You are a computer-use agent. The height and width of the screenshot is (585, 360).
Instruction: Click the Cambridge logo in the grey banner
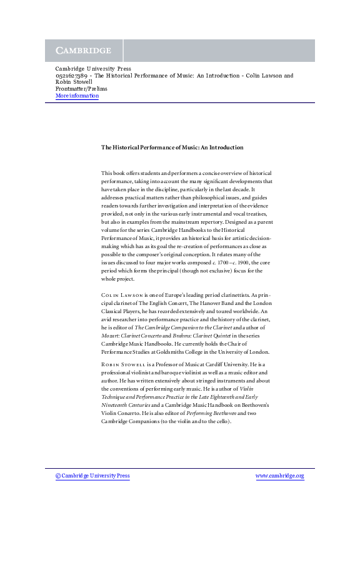pos(84,51)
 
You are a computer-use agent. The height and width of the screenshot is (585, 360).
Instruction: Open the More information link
pos(77,96)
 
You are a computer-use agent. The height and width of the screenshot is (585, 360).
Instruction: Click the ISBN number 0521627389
pos(70,76)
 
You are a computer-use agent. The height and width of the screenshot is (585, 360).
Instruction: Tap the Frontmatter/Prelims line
pos(81,89)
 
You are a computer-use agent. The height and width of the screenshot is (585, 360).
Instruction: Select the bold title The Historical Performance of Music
pos(172,147)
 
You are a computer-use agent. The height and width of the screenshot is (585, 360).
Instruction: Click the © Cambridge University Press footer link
pos(92,476)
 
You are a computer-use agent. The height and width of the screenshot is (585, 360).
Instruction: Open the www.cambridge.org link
pos(279,476)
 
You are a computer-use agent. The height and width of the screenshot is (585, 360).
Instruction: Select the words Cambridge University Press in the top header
pos(93,69)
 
